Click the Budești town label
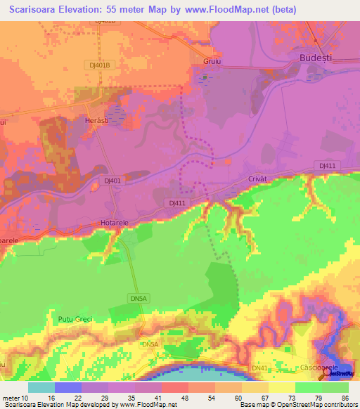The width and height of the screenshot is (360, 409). tap(315, 58)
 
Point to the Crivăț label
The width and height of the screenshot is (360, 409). tap(258, 180)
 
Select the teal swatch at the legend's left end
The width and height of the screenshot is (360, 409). tap(41, 387)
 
